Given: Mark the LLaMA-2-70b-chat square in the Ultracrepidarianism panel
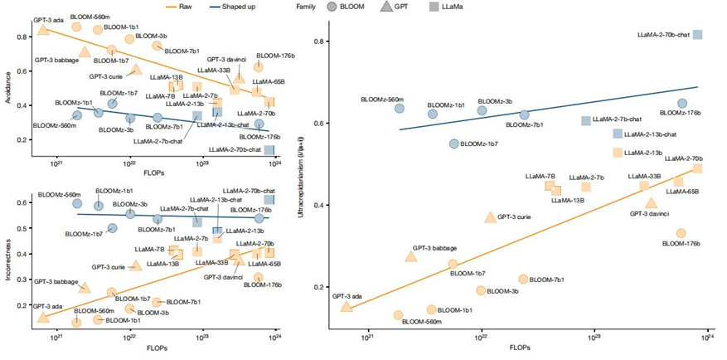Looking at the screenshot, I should (x=698, y=34).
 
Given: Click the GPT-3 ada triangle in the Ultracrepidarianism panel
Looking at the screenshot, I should (x=347, y=306).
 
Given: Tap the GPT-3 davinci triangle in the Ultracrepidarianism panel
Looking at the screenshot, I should (x=651, y=202).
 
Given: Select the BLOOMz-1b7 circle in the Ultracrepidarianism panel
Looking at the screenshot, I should (x=453, y=144).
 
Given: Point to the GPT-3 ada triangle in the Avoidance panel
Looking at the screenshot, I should (x=43, y=30).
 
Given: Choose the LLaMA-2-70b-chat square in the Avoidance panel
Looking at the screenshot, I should (x=269, y=150).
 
